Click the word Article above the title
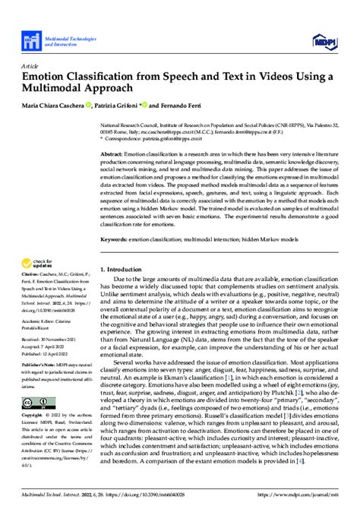tap(30, 65)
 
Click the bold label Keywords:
tap(116, 239)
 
